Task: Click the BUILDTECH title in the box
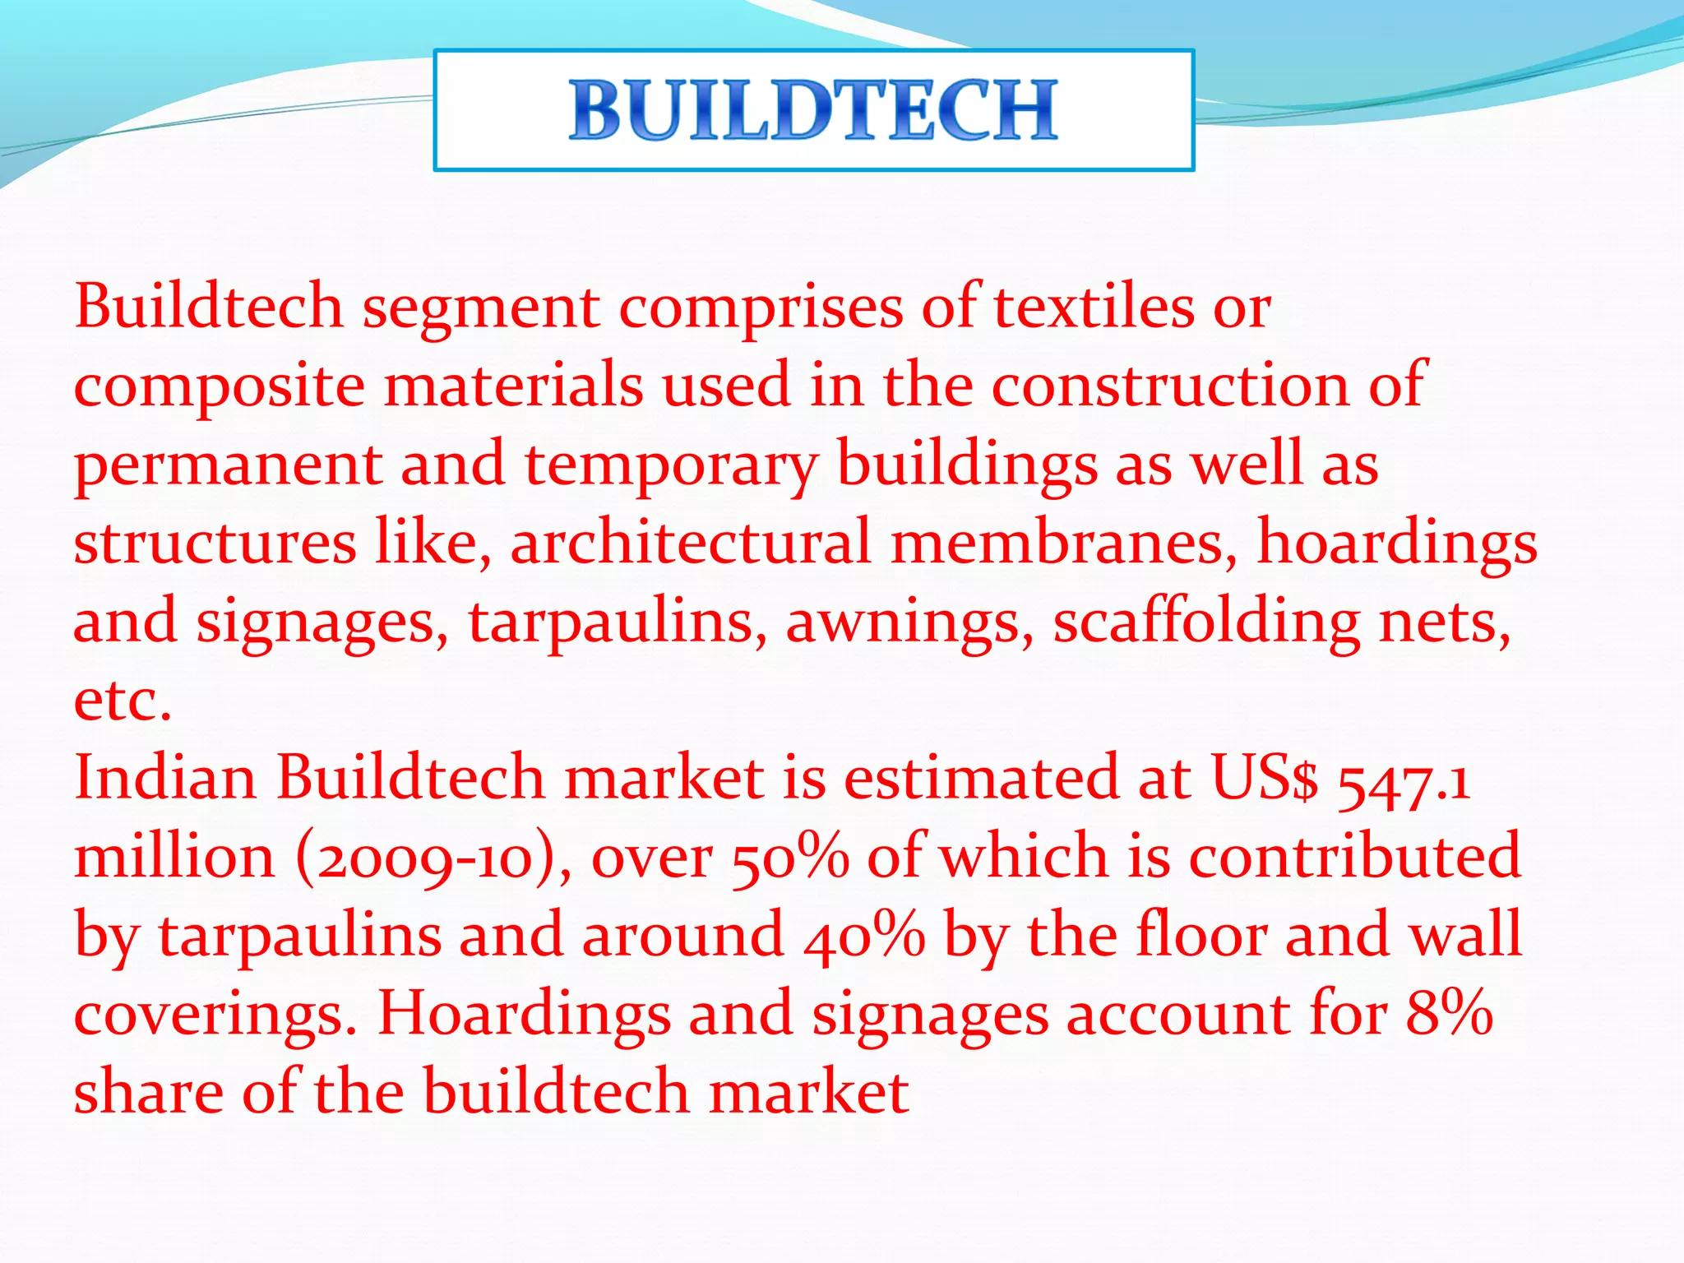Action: tap(813, 110)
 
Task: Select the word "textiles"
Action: tap(1094, 306)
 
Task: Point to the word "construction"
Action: tap(1169, 385)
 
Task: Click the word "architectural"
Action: tap(690, 543)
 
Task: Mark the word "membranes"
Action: tap(1064, 543)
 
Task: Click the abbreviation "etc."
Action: tap(123, 701)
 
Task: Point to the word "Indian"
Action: tap(164, 778)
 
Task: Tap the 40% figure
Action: tap(863, 936)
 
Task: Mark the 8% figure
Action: tap(1449, 1013)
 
